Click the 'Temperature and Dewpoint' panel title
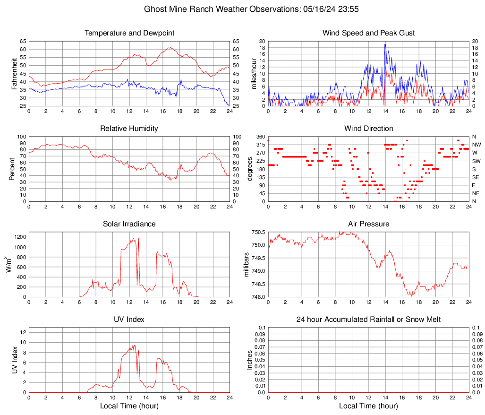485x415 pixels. coord(129,33)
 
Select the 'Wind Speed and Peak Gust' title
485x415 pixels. coord(368,33)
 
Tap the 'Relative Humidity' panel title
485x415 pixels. coord(129,129)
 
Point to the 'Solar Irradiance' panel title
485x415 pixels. coord(129,224)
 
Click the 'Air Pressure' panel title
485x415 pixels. coord(368,224)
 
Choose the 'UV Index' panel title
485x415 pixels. coord(129,320)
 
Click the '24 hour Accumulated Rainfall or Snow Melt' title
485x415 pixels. coord(368,320)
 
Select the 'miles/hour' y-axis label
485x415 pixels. coord(254,73)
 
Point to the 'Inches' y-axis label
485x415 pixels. coord(250,360)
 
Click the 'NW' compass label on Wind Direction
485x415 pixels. coord(476,145)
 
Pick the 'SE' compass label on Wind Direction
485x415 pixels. coord(476,177)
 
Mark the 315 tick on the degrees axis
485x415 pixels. coord(260,145)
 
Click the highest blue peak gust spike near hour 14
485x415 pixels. coord(385,44)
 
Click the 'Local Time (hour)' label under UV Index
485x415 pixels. coord(129,406)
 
